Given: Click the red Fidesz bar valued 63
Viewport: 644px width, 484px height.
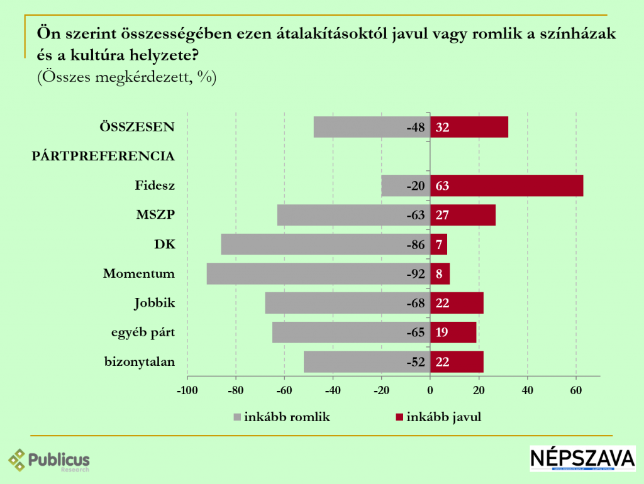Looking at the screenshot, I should coord(506,186).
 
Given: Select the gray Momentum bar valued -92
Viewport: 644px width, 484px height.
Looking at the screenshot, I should coord(318,274).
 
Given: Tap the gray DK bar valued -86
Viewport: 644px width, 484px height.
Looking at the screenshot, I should coord(325,245).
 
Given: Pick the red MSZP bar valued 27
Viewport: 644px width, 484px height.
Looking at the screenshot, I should coord(463,216).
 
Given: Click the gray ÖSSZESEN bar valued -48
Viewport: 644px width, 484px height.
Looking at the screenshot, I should coord(372,128).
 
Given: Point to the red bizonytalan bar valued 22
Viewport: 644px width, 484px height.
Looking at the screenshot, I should coord(457,362).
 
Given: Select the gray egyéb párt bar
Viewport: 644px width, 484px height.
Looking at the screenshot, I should coord(351,333).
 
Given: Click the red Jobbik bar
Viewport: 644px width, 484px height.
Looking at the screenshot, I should coord(457,304).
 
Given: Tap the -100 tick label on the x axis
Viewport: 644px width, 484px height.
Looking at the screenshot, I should coord(187,390).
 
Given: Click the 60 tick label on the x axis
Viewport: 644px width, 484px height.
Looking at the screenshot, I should coord(575,390).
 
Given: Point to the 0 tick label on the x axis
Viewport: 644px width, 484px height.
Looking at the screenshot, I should coord(430,390).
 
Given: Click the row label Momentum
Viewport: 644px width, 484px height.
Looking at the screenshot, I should coord(138,274).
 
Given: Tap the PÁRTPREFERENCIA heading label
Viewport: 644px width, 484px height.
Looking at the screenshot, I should coord(103,156).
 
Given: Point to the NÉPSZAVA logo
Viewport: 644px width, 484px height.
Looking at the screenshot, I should coord(582,459).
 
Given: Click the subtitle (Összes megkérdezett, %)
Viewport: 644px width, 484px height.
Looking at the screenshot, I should coord(126,78).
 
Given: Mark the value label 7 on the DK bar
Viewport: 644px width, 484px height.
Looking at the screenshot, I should coord(439,245).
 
